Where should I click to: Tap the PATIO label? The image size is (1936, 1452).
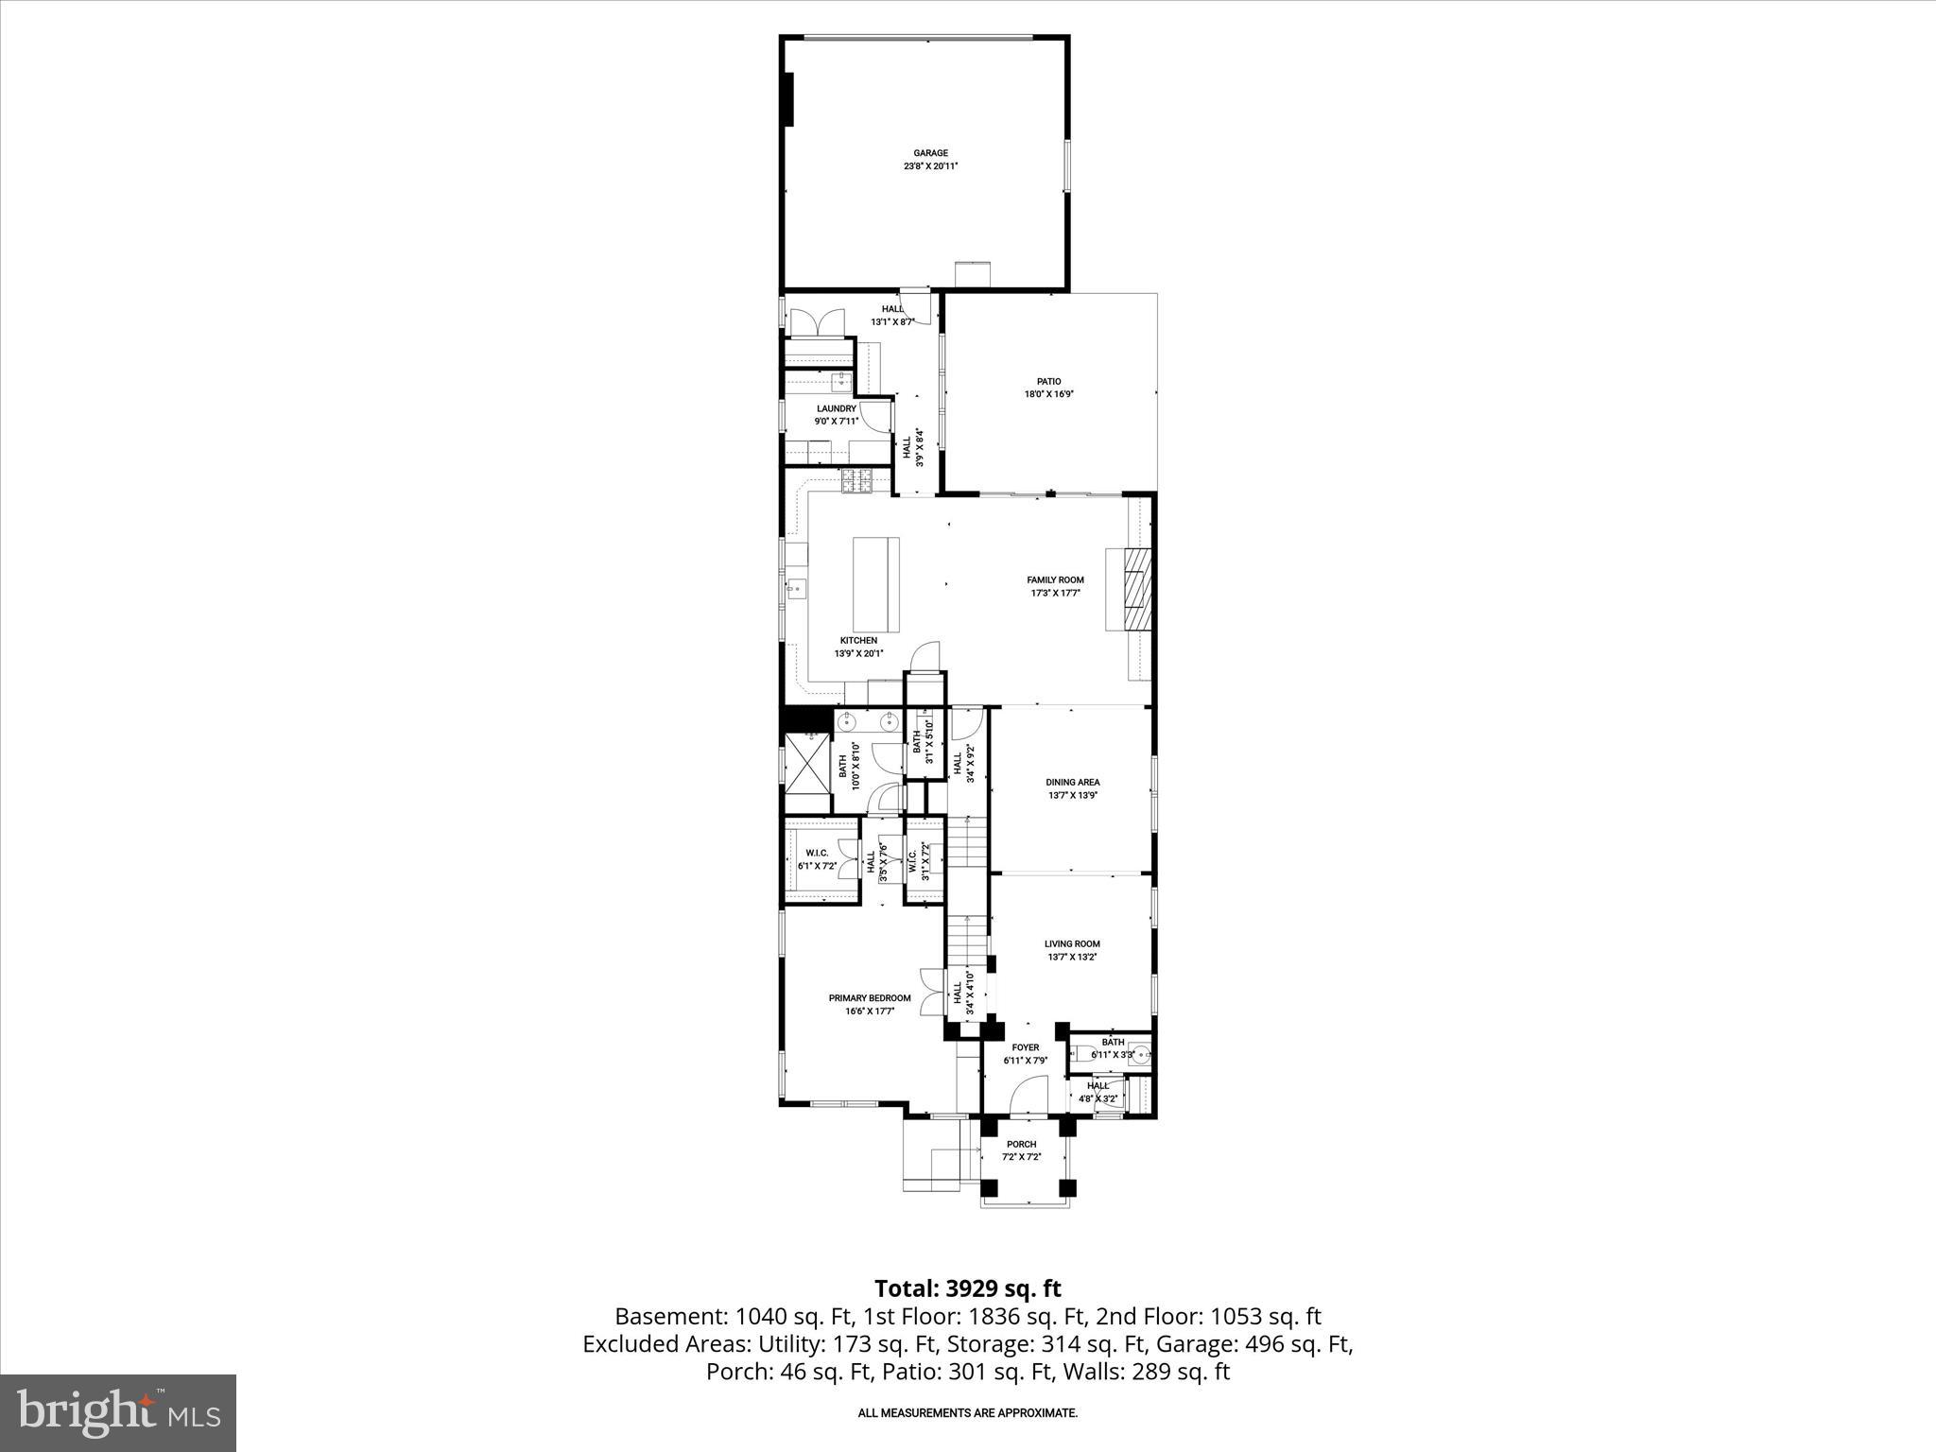tap(1048, 382)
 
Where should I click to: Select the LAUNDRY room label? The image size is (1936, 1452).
tap(836, 409)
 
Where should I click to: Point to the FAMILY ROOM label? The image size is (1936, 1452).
tap(1055, 580)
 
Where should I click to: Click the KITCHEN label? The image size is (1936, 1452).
tap(858, 641)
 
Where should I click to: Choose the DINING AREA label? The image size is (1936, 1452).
tap(1072, 783)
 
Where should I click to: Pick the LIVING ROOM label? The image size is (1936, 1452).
tap(1072, 944)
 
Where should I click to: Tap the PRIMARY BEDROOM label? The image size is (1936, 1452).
tap(870, 998)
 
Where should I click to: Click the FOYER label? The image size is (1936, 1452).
tap(1025, 1047)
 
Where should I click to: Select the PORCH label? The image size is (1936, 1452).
tap(1021, 1145)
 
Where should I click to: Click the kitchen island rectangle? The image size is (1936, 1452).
tap(876, 585)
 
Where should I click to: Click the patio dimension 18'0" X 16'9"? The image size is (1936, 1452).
tap(1048, 395)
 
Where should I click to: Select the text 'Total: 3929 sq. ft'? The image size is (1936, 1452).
tap(967, 1288)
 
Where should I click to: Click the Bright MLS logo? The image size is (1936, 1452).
tap(118, 1412)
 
